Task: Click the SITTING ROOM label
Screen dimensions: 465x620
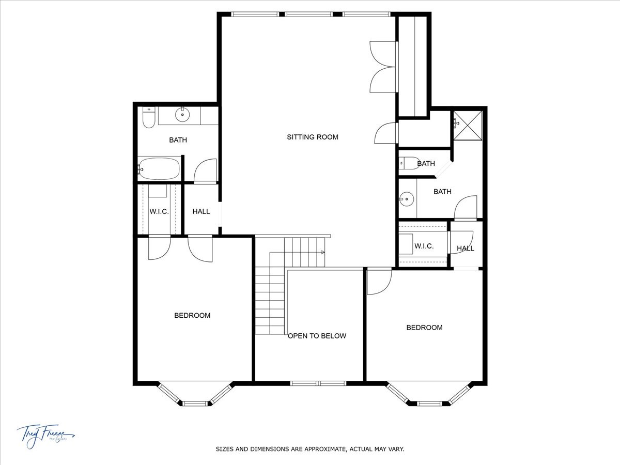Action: [x=313, y=137]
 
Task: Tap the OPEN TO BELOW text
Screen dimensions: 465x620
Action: [x=317, y=336]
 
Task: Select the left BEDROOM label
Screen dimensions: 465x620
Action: [x=192, y=315]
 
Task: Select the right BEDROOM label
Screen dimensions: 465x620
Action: [x=424, y=327]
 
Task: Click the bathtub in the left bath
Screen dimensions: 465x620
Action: [x=159, y=169]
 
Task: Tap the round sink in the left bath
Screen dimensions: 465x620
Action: [x=182, y=115]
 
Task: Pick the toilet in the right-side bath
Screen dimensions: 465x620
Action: [x=409, y=163]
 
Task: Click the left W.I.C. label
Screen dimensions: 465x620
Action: [x=159, y=211]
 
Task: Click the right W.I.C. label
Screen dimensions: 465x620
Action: [x=424, y=246]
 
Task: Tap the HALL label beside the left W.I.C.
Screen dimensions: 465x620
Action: [x=201, y=211]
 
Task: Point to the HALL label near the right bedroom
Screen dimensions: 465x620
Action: [x=465, y=249]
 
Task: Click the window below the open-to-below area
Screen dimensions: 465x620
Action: [x=318, y=383]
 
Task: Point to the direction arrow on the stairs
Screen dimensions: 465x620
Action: [x=322, y=252]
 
